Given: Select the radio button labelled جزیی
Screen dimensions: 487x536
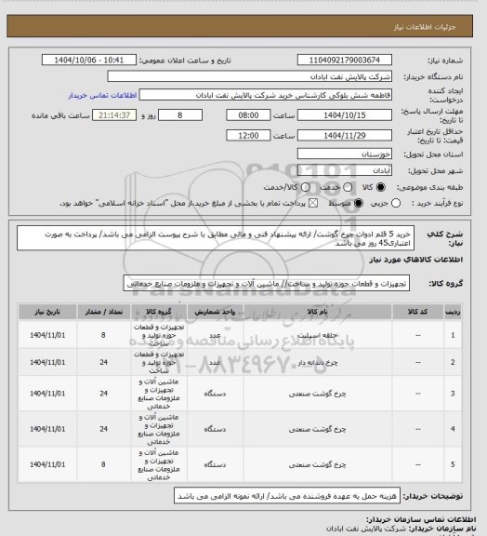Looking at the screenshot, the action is click(397, 203).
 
